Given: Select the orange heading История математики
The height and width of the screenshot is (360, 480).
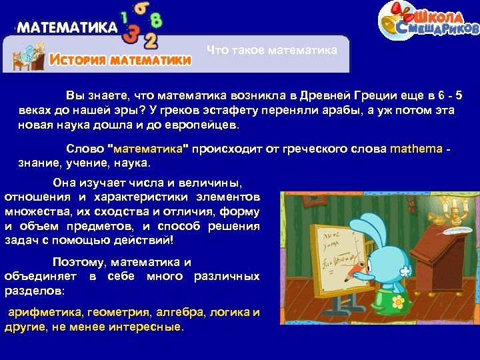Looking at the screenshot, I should [121, 59].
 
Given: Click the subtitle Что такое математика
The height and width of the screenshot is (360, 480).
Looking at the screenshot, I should [271, 51].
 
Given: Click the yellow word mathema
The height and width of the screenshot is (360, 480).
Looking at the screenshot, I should [416, 148].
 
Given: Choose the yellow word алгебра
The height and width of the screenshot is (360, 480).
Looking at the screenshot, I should [181, 312].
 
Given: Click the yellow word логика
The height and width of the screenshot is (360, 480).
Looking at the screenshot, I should [229, 312].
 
